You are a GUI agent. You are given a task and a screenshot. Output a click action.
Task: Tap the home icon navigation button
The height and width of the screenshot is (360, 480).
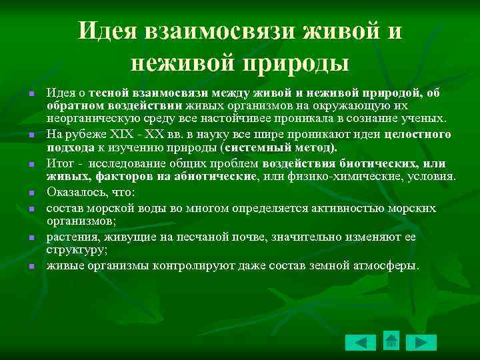[391, 340]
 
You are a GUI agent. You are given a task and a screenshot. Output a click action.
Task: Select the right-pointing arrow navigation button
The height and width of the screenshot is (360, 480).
[421, 343]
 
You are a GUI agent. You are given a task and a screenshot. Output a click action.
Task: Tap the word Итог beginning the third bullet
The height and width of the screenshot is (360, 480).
[59, 162]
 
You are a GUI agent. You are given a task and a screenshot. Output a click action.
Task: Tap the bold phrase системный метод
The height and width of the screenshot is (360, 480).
[279, 147]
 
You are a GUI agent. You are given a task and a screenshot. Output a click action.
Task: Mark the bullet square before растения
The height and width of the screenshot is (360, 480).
[31, 237]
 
